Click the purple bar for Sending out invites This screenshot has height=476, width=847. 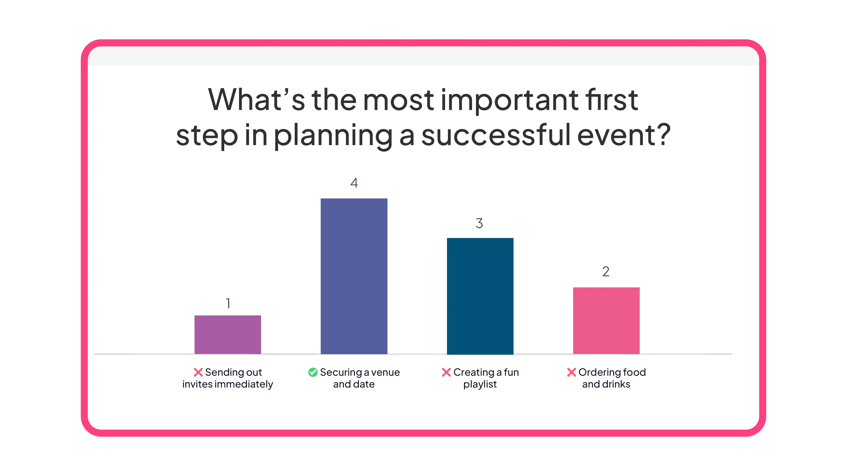[x=228, y=334]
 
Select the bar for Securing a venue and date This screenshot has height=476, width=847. [x=354, y=276]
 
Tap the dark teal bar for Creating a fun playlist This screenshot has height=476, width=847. [x=480, y=296]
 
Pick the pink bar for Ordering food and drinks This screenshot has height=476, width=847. [x=606, y=320]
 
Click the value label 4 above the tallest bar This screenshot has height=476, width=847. [x=354, y=183]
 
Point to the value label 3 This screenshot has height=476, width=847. [x=479, y=223]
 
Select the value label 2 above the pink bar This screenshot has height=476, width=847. [x=606, y=272]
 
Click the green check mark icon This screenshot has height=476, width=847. [x=313, y=372]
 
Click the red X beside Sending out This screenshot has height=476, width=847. [x=198, y=372]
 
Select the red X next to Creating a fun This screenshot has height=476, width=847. [x=446, y=372]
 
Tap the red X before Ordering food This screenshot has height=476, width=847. [x=572, y=372]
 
